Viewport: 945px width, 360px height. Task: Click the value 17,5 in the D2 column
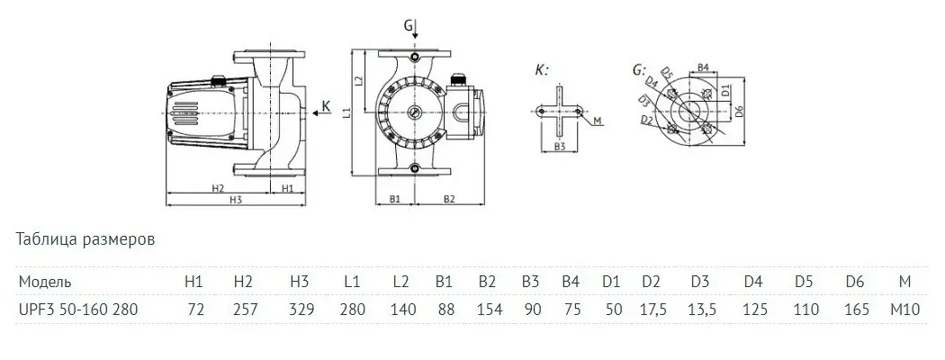click(652, 309)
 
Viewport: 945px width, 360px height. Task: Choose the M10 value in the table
click(904, 309)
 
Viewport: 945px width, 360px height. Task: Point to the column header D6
click(855, 282)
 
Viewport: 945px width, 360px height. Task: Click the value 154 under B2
click(487, 309)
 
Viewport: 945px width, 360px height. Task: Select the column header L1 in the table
click(353, 282)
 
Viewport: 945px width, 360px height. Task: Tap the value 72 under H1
click(195, 309)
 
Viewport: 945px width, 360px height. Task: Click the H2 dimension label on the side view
click(218, 189)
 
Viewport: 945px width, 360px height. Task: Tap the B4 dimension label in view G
click(706, 67)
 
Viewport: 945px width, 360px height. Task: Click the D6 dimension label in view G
click(739, 111)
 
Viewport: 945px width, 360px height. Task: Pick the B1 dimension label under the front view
click(394, 197)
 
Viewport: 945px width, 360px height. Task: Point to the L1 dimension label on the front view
click(349, 111)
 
